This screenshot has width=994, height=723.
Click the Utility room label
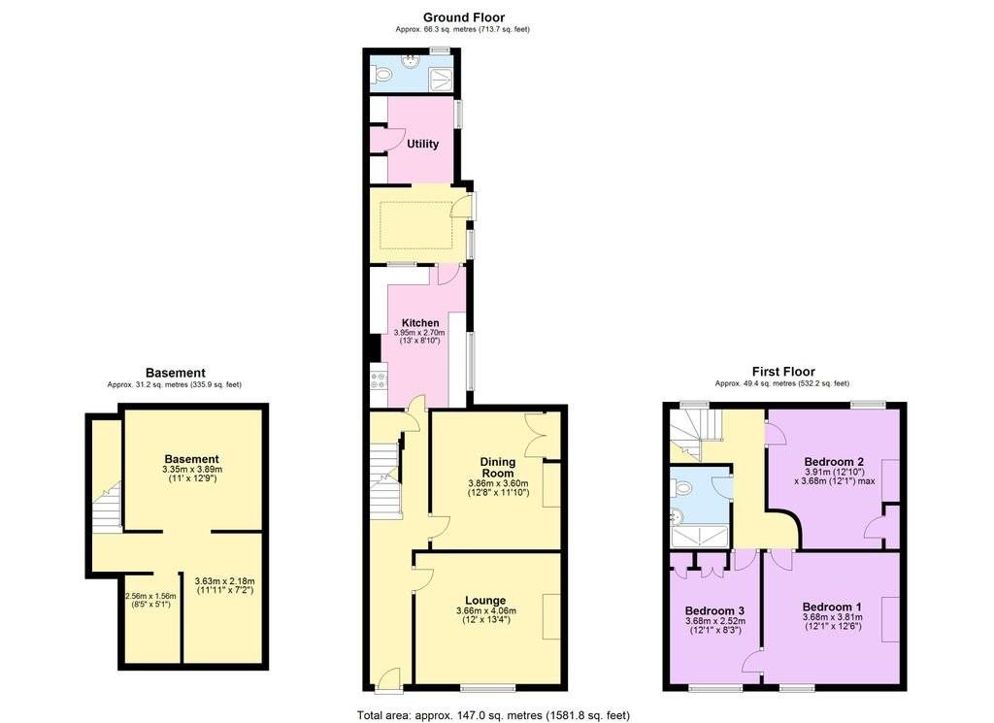(x=423, y=144)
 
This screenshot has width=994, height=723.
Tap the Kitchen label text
(x=420, y=323)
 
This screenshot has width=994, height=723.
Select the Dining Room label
(x=498, y=468)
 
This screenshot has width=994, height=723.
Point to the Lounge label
(x=485, y=601)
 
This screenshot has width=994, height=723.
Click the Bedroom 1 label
(x=832, y=608)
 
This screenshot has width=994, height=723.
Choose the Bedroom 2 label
(x=834, y=462)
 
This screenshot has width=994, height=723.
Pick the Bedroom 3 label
(x=714, y=610)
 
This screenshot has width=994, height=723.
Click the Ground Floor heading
(x=464, y=17)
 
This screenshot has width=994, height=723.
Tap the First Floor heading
(x=783, y=372)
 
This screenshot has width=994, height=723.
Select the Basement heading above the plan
(x=176, y=374)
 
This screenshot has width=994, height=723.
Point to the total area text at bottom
(x=493, y=715)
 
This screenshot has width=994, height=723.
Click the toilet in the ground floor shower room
(x=381, y=76)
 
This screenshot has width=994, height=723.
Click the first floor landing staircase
(x=695, y=434)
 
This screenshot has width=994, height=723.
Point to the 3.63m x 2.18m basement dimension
(x=224, y=585)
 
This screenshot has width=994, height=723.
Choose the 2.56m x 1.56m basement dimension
(x=150, y=600)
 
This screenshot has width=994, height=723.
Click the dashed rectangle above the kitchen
(x=415, y=225)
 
